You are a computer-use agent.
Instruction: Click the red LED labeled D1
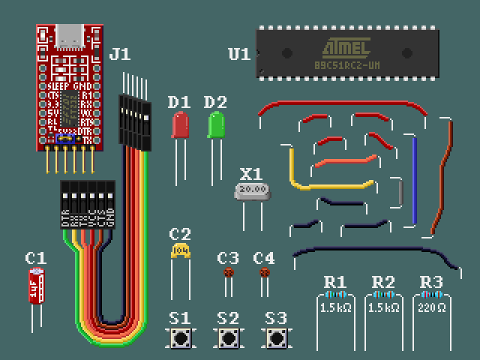click(x=180, y=125)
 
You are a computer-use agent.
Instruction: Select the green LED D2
click(x=217, y=124)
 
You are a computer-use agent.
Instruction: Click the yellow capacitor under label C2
click(x=180, y=250)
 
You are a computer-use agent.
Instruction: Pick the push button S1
click(x=180, y=339)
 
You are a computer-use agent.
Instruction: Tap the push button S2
click(x=229, y=339)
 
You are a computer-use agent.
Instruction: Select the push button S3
click(x=277, y=339)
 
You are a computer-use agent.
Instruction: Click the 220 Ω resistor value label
click(x=431, y=307)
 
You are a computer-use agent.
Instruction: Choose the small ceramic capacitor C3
click(x=229, y=274)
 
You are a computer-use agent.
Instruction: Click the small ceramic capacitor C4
click(x=264, y=274)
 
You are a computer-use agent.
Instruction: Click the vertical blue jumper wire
click(x=414, y=180)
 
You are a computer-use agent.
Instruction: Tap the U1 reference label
click(x=239, y=54)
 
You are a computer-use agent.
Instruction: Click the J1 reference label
click(x=120, y=54)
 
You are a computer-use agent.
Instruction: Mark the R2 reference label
click(x=383, y=282)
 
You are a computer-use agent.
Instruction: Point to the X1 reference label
click(x=251, y=173)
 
